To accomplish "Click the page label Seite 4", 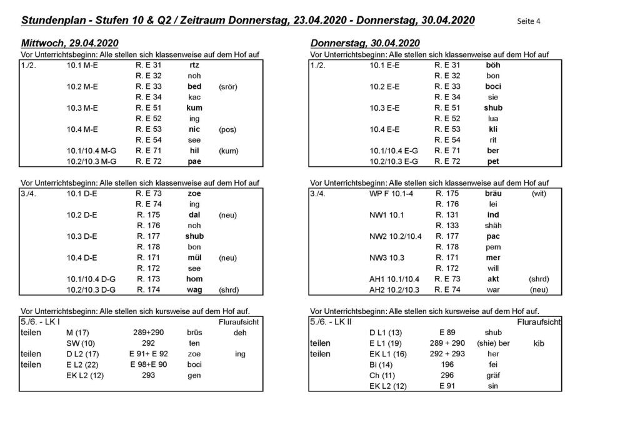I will (x=529, y=21).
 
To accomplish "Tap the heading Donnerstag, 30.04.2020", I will (x=365, y=43).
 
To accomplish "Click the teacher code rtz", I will (x=194, y=65).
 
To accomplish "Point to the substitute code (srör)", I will (x=228, y=86).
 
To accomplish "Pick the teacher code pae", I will (x=194, y=161).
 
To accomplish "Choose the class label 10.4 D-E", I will (x=82, y=258).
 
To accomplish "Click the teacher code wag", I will (x=194, y=290).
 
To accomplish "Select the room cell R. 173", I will (x=148, y=279).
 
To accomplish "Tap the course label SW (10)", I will (x=81, y=343).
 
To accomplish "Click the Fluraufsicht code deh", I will (x=240, y=333).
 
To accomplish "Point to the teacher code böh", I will (x=493, y=65).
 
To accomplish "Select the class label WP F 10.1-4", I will (x=394, y=194).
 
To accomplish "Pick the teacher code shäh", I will (x=493, y=226).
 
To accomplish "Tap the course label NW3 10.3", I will (x=388, y=258).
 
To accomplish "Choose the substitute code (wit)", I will (x=539, y=194).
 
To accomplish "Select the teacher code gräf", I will (x=493, y=376).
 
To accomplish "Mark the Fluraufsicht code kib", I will (x=539, y=343).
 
